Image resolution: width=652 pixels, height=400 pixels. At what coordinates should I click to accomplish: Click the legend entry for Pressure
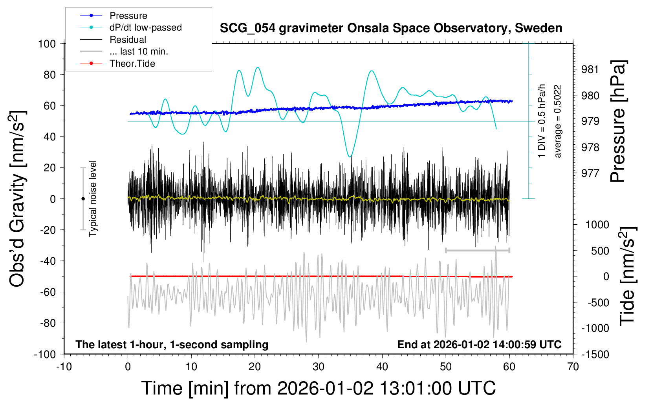[128, 16]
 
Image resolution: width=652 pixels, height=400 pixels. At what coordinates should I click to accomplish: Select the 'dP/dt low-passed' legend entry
[145, 27]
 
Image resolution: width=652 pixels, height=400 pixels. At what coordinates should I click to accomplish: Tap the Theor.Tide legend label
[132, 64]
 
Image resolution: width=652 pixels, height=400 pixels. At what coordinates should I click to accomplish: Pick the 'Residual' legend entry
[128, 40]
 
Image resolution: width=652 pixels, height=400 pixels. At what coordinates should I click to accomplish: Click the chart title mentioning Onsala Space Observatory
[391, 28]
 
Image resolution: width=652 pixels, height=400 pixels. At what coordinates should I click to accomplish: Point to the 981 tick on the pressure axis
[590, 69]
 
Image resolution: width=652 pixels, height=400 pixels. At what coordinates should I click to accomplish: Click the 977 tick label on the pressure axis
[590, 173]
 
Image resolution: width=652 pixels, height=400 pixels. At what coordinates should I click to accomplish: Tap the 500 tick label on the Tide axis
[600, 251]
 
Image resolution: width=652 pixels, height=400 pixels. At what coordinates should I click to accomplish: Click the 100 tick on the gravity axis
[47, 44]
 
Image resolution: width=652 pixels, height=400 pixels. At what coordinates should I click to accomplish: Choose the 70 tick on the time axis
[573, 367]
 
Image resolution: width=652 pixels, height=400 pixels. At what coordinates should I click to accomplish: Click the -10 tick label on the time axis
[64, 367]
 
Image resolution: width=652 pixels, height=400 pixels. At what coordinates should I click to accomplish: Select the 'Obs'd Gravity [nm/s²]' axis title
[18, 199]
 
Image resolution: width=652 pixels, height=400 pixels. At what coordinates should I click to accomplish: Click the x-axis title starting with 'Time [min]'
[318, 388]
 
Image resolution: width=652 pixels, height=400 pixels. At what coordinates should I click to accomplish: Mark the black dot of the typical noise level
[83, 199]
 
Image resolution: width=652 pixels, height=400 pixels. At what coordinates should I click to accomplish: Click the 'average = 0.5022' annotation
[557, 121]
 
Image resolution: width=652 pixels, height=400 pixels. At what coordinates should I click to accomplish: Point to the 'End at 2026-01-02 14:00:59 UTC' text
[479, 345]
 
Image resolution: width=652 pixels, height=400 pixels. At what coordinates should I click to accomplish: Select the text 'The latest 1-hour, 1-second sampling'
[172, 345]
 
